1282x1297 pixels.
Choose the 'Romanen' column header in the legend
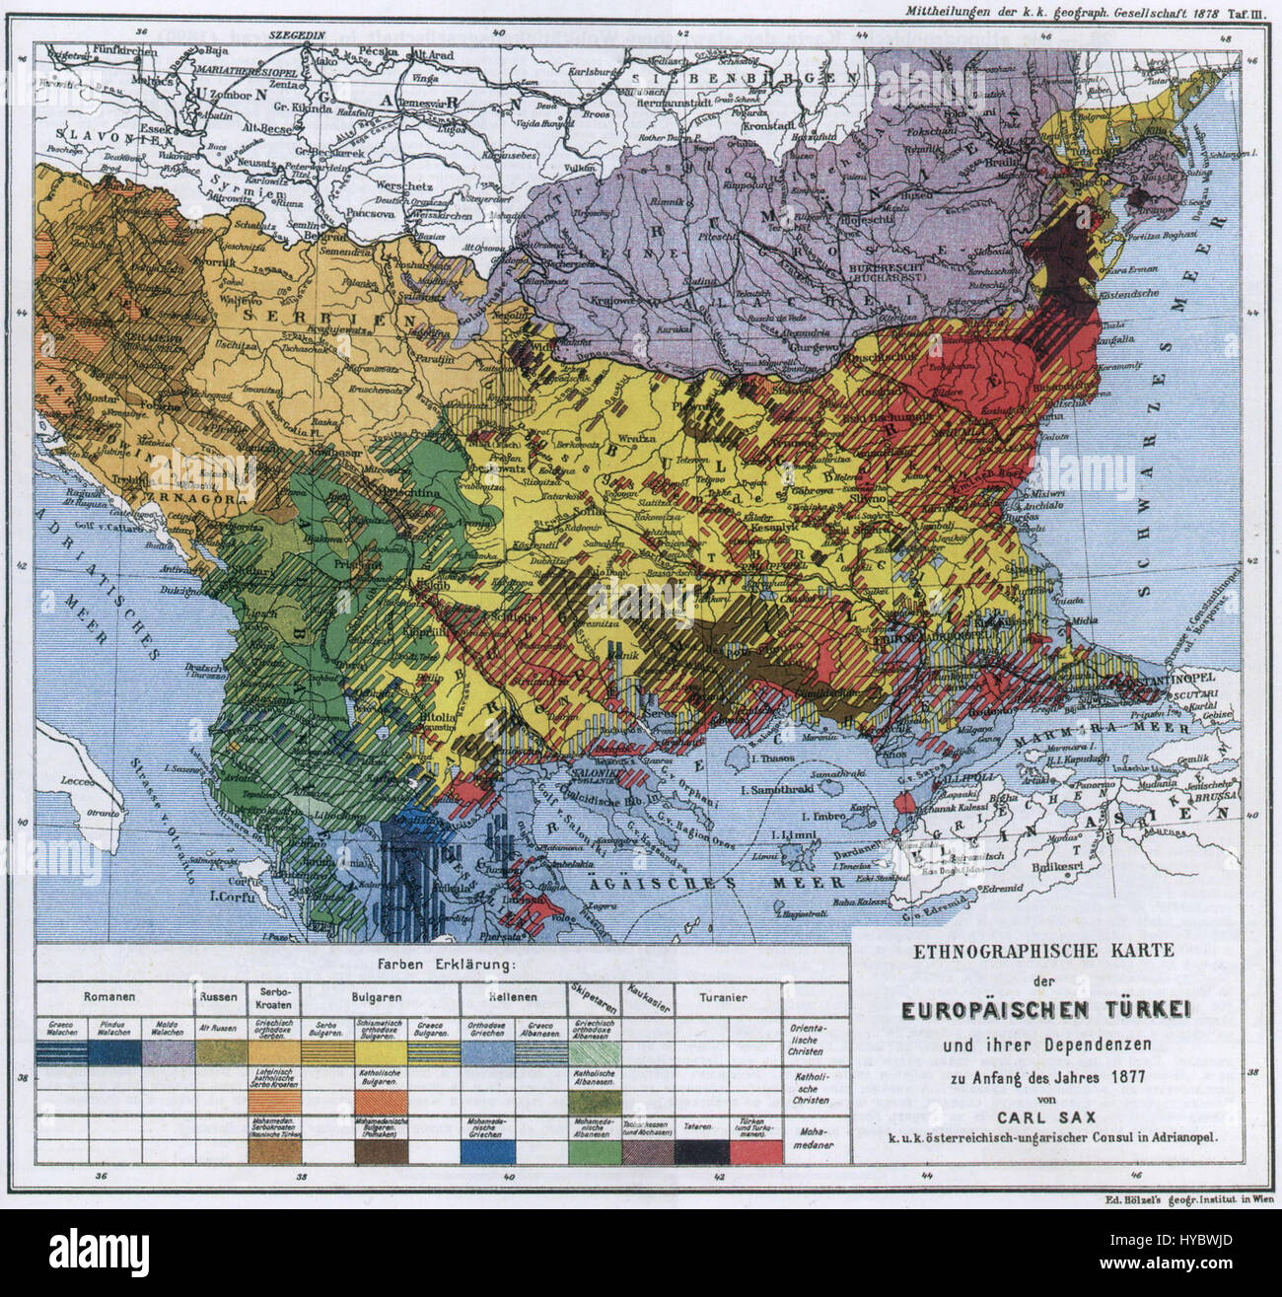pyautogui.click(x=109, y=996)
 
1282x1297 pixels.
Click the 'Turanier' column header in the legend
pyautogui.click(x=724, y=996)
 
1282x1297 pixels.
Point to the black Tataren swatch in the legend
pyautogui.click(x=701, y=1150)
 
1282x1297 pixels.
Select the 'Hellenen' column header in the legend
pyautogui.click(x=513, y=996)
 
